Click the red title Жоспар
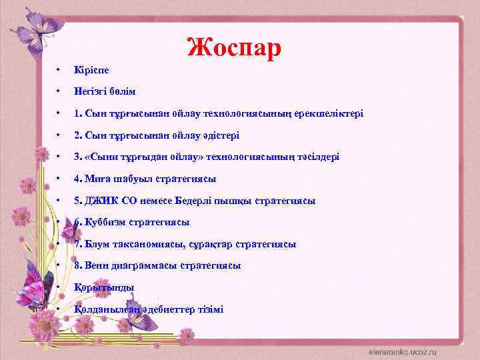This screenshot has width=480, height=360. click(234, 47)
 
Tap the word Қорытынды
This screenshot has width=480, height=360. click(105, 287)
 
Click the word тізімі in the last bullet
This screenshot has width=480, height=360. click(209, 309)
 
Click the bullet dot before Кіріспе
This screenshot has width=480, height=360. click(59, 69)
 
